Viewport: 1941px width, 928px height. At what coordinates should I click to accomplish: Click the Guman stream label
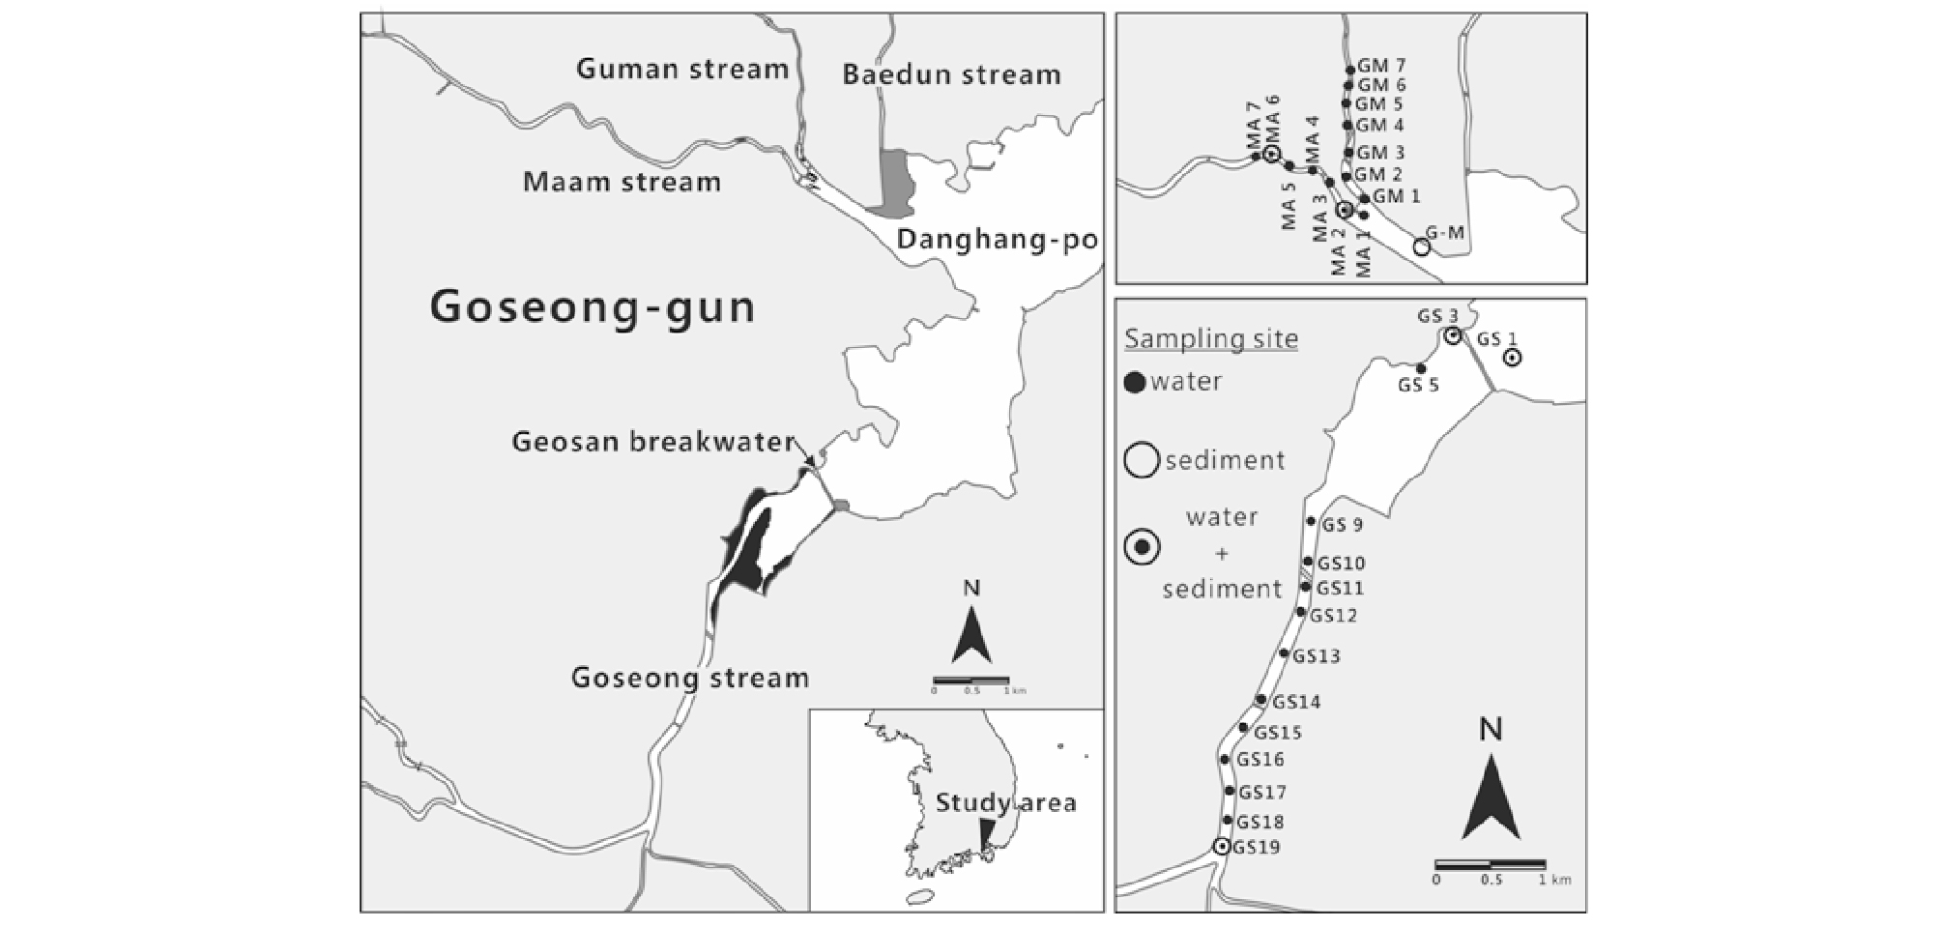click(x=682, y=69)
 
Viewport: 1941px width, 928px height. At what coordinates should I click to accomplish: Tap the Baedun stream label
click(x=951, y=74)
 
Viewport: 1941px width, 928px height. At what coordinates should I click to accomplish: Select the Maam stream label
click(x=622, y=182)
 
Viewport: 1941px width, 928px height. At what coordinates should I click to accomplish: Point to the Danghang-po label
click(x=998, y=241)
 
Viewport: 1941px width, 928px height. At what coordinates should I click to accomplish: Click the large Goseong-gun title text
click(x=593, y=307)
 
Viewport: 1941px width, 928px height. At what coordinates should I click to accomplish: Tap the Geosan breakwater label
click(x=653, y=442)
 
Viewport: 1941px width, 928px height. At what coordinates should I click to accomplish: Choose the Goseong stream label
click(x=690, y=678)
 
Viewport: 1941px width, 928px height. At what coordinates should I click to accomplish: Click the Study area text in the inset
click(x=1005, y=802)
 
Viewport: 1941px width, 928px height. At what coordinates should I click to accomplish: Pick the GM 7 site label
click(x=1381, y=66)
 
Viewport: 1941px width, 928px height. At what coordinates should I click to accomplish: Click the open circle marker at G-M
click(x=1421, y=247)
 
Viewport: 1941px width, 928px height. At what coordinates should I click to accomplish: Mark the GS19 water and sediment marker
click(x=1222, y=847)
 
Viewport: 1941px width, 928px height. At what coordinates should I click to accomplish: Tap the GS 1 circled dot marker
click(x=1512, y=358)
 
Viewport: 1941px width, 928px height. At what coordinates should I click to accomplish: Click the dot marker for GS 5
click(x=1421, y=368)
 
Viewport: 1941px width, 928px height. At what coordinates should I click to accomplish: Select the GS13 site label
click(x=1317, y=656)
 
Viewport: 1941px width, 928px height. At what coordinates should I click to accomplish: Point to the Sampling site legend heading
click(x=1211, y=339)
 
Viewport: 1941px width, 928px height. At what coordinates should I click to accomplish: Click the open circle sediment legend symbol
click(x=1142, y=459)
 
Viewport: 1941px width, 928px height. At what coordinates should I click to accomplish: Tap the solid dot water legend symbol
click(x=1136, y=383)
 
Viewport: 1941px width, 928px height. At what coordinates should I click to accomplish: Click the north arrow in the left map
click(x=971, y=633)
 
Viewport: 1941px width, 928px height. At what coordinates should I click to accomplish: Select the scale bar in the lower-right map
click(x=1490, y=863)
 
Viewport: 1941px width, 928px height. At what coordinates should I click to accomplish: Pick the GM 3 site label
click(x=1380, y=153)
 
